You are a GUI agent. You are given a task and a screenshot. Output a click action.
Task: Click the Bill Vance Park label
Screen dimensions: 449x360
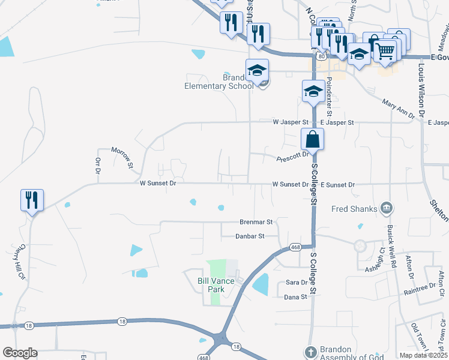211,284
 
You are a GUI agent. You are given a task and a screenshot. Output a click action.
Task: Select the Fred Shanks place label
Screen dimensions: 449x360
355,209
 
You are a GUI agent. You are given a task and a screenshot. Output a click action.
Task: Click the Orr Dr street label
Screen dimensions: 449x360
97,166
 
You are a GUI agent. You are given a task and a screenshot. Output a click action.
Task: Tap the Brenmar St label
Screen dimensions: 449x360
256,221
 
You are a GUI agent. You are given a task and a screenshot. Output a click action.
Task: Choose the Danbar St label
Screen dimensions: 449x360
250,236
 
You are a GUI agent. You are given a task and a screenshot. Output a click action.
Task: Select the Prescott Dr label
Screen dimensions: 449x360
292,157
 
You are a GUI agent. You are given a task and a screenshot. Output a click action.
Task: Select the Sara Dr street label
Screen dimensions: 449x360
297,282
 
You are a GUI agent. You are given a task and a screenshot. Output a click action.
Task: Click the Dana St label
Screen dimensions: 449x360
295,297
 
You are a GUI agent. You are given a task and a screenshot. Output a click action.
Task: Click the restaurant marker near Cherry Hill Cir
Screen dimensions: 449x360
31,200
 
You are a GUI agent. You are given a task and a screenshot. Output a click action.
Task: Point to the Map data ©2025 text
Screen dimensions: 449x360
423,355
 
